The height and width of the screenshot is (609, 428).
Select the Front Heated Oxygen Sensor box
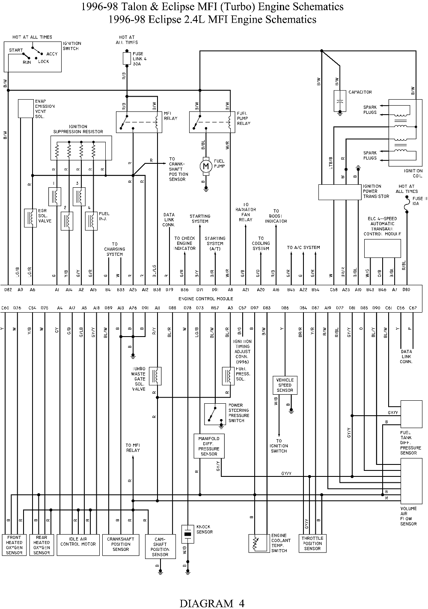point(14,545)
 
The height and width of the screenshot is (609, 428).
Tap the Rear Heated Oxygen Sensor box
point(42,545)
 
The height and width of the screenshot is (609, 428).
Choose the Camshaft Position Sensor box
point(160,547)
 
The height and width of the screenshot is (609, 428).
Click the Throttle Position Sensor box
point(312,543)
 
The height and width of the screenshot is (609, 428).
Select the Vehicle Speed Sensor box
point(285,385)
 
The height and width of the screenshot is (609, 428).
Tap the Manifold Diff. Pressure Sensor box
point(209,446)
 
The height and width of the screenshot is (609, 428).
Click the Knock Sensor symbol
point(187,533)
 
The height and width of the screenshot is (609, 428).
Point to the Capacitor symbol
point(340,102)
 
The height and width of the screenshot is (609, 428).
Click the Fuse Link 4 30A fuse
point(127,58)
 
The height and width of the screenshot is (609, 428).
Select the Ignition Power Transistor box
point(340,192)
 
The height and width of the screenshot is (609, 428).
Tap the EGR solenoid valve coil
point(30,218)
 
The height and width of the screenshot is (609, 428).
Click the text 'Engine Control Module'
point(206,299)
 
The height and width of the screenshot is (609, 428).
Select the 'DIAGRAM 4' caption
point(212,603)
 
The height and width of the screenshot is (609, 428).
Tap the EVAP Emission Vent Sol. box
point(26,109)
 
